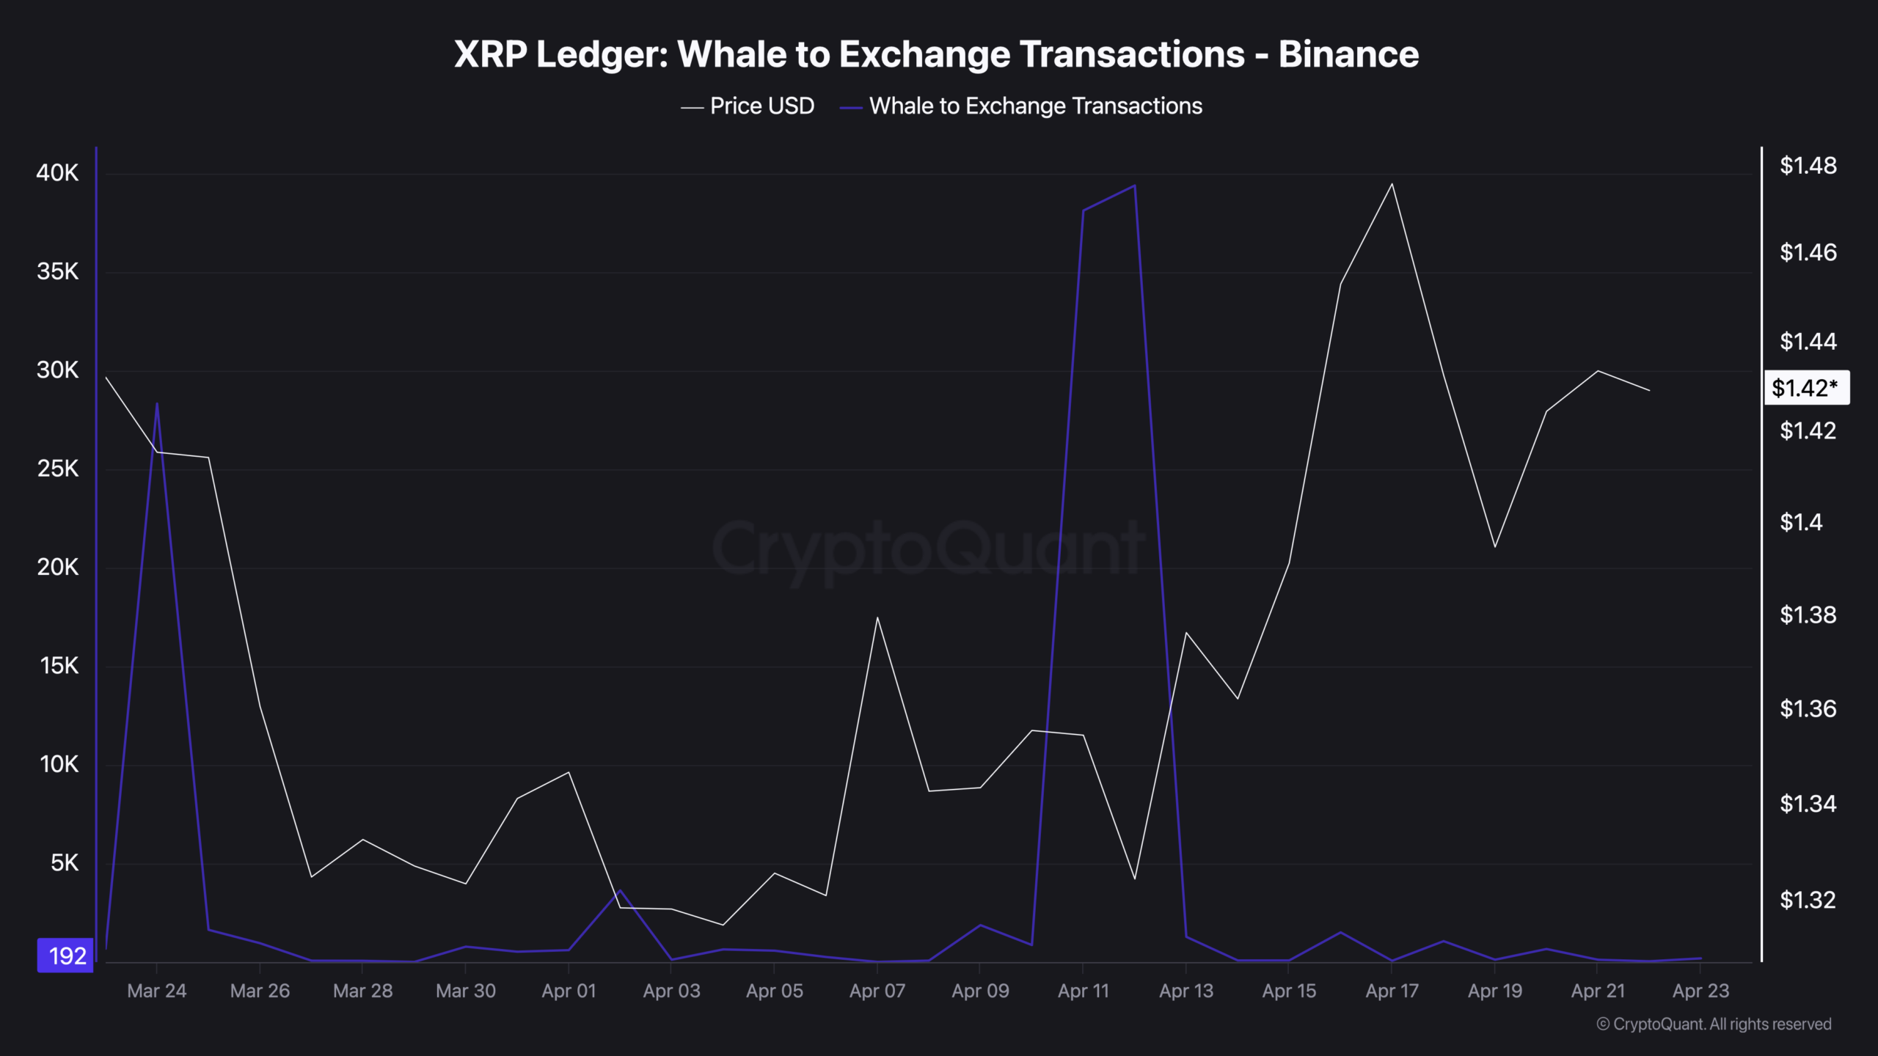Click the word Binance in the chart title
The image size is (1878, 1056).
[1348, 55]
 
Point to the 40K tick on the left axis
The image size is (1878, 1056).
[57, 173]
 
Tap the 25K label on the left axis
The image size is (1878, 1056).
[57, 469]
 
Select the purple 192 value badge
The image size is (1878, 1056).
[66, 956]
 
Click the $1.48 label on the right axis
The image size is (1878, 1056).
[1808, 166]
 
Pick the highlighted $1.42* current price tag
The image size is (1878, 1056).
[1805, 388]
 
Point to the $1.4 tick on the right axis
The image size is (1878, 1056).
[1801, 522]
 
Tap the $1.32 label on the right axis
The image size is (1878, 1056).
[1808, 900]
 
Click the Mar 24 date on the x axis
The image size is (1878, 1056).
[157, 991]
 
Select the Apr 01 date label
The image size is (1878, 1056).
[569, 991]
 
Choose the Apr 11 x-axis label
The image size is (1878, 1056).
[1083, 991]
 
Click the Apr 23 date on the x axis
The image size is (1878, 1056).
[1700, 991]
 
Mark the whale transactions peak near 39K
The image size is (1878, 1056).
[1135, 186]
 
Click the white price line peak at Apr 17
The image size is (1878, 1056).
[1392, 184]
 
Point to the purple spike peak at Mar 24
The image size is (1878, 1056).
[157, 403]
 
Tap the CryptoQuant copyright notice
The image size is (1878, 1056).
[1714, 1024]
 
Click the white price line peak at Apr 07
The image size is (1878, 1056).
[877, 617]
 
